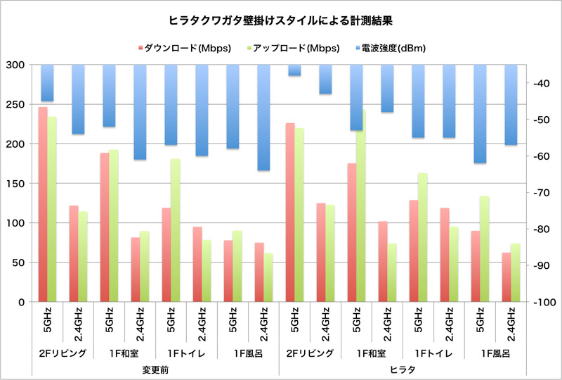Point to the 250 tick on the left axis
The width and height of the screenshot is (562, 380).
coord(15,105)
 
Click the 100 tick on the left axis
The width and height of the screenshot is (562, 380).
coord(15,223)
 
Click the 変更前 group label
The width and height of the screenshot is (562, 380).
coord(156,369)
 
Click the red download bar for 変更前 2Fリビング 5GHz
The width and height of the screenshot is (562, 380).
coord(43,204)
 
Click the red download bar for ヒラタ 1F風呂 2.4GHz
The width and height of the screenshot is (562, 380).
coord(507,277)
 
